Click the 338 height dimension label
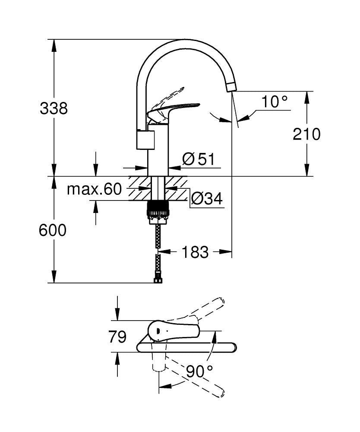[x=54, y=108]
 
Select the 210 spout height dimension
[x=307, y=134]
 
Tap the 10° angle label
[x=274, y=102]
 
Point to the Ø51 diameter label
[x=198, y=159]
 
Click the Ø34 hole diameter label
[x=206, y=199]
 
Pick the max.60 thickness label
[x=95, y=189]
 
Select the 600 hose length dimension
[x=53, y=230]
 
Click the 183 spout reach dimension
[x=195, y=252]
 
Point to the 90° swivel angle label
[x=199, y=370]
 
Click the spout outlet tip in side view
[x=231, y=86]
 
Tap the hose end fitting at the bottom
[x=158, y=280]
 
